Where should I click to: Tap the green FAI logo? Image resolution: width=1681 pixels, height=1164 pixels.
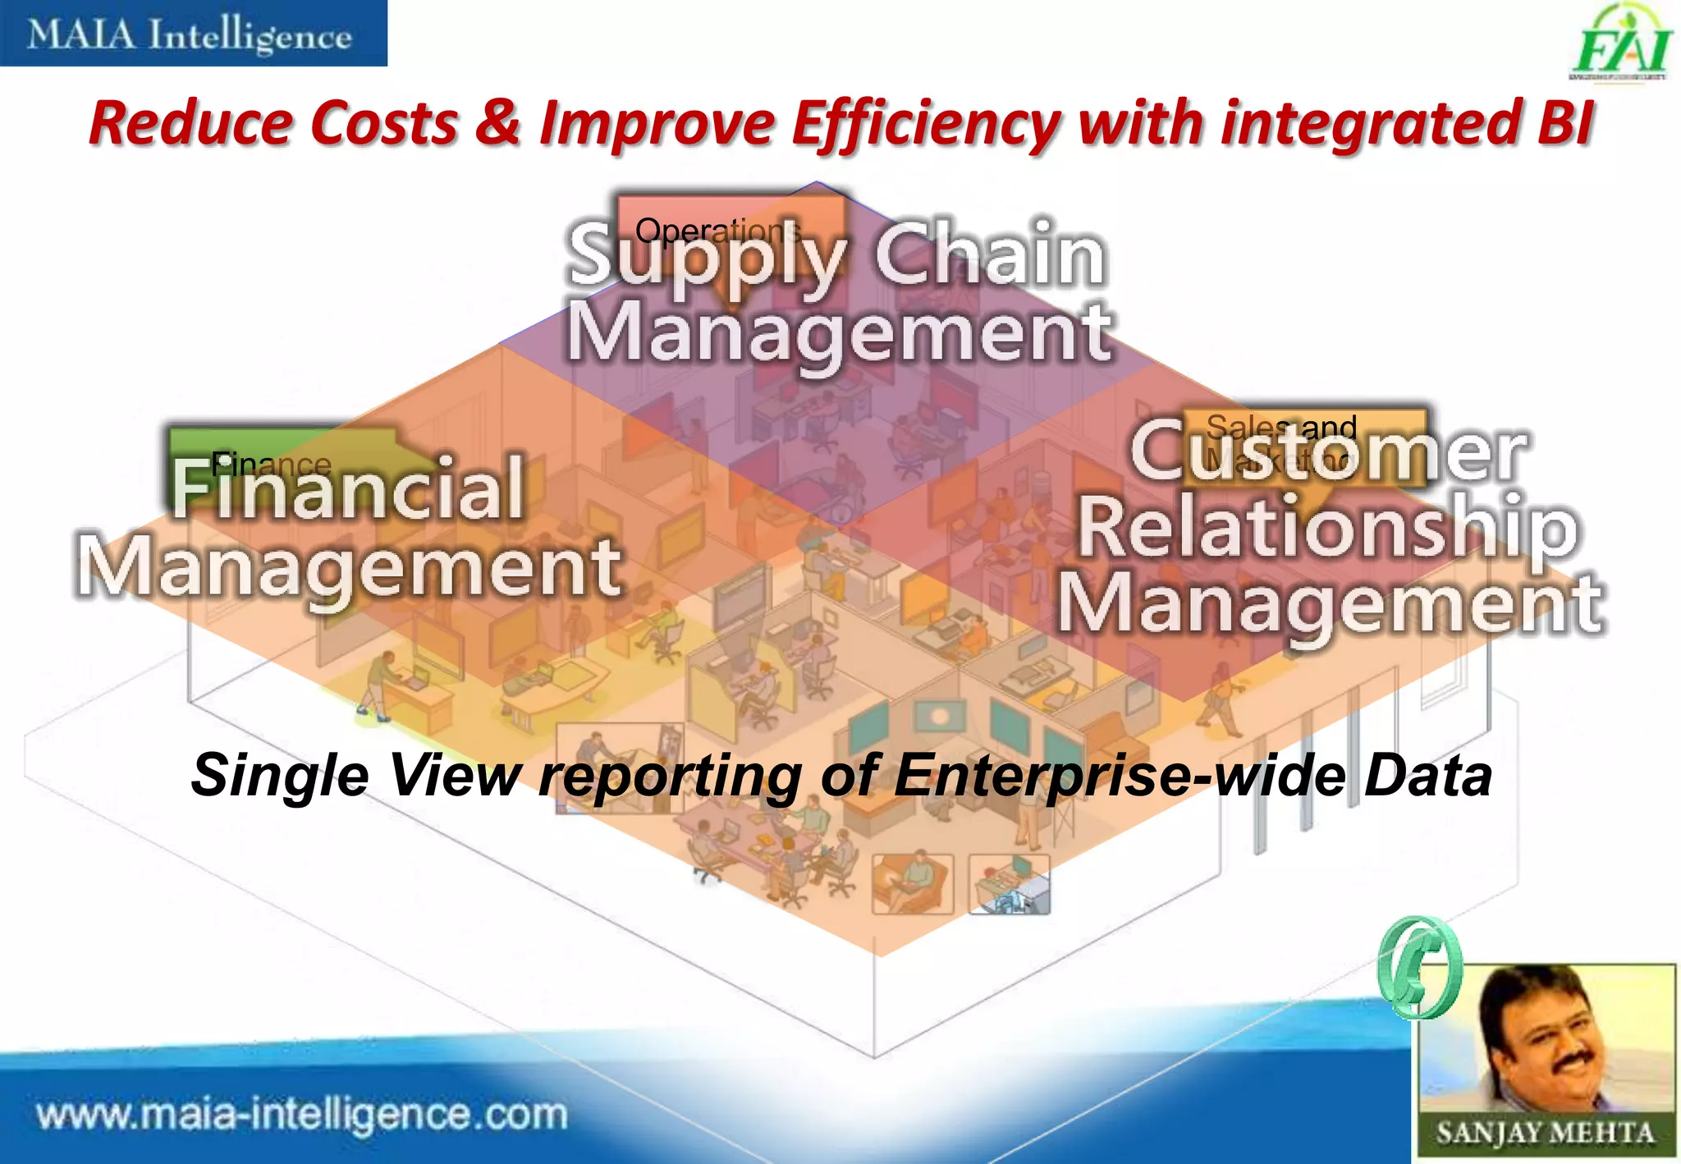[1620, 45]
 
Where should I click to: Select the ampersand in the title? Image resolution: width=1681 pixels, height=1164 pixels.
[497, 123]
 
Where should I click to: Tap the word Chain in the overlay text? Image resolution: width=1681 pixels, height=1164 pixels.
[989, 255]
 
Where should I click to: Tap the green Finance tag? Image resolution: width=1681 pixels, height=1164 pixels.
[271, 465]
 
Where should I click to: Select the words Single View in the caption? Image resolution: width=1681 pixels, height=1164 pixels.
[356, 776]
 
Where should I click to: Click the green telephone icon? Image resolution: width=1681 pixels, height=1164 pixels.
[1419, 969]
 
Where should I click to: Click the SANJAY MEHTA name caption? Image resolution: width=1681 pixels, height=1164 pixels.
[1545, 1133]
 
